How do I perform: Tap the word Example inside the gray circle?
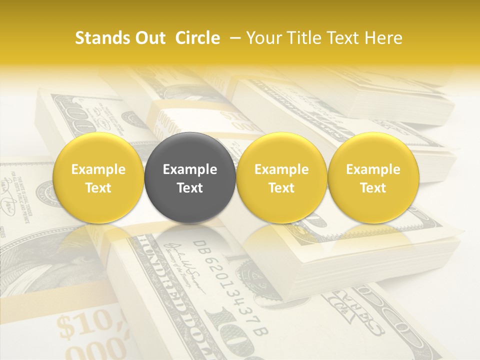click(190, 169)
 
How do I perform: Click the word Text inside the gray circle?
click(190, 188)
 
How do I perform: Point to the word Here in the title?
click(383, 38)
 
